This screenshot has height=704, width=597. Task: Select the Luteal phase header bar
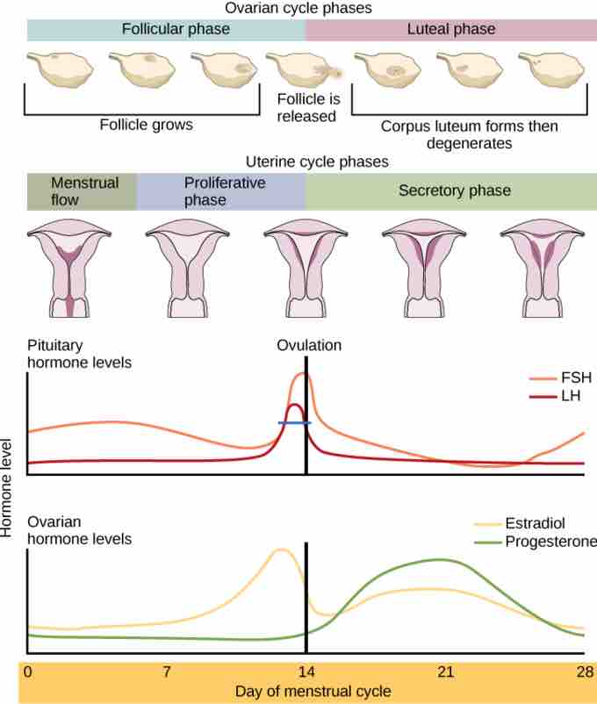(x=450, y=29)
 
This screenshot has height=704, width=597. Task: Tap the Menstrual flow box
(x=82, y=190)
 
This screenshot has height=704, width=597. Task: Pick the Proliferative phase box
(x=220, y=190)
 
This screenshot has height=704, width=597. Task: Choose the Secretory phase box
(x=450, y=190)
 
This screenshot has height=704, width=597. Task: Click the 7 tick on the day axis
(x=167, y=672)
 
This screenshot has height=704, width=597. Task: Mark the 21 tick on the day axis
(x=445, y=672)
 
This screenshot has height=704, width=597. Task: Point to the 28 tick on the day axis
(x=584, y=672)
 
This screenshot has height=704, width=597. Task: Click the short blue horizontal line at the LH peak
(x=294, y=423)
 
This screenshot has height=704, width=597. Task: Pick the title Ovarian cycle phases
(x=298, y=8)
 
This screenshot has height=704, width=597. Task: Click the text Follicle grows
(x=146, y=125)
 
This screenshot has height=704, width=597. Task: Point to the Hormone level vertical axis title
(x=8, y=488)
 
